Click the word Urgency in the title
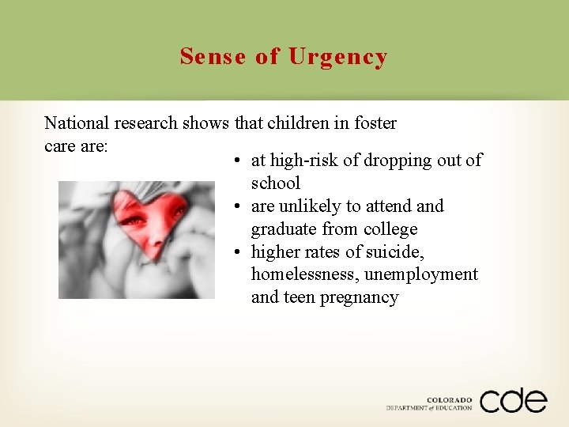[338, 57]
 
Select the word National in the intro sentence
[77, 123]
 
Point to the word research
[145, 123]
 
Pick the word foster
[375, 123]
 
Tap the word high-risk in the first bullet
[304, 161]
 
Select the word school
[276, 183]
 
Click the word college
[390, 229]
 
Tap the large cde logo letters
[512, 399]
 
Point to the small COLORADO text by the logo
[449, 400]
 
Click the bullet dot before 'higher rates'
[237, 253]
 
